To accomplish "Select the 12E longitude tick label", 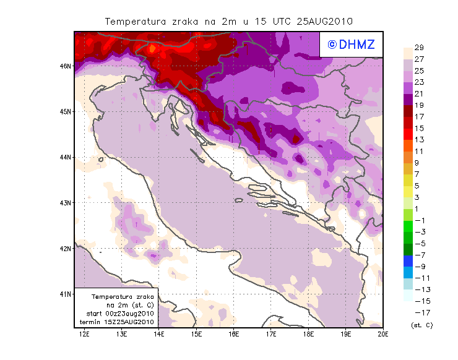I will click(84, 335).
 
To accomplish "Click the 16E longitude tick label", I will click(234, 335).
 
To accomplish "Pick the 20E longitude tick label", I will click(383, 335).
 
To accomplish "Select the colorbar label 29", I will click(419, 48).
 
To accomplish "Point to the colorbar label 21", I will click(419, 93).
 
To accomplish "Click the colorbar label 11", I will click(419, 151).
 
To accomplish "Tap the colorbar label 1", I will click(419, 209).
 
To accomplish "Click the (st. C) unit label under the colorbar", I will click(421, 325).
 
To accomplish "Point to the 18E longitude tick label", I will click(308, 335).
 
